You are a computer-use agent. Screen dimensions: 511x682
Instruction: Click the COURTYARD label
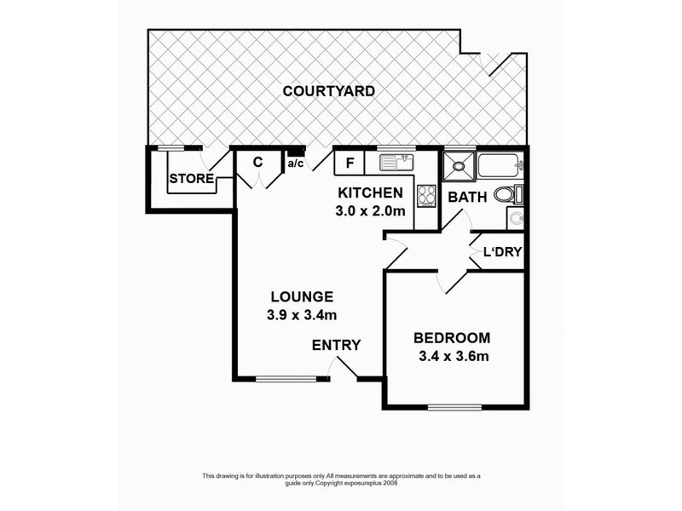tap(329, 91)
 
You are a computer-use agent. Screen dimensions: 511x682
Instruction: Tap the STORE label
tap(189, 179)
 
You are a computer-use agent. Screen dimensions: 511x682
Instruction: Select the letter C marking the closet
tap(257, 162)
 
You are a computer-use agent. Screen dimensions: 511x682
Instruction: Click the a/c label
tap(296, 163)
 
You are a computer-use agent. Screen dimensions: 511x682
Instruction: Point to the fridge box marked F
tap(350, 162)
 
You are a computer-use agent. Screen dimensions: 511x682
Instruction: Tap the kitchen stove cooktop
tap(426, 196)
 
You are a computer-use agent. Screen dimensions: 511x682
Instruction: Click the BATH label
tap(467, 197)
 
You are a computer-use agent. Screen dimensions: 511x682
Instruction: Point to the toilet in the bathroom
tap(507, 194)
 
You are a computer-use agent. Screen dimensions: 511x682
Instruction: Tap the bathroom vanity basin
tap(515, 218)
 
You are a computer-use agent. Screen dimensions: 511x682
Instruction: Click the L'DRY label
tap(502, 252)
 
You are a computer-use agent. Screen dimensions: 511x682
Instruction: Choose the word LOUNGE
tap(301, 297)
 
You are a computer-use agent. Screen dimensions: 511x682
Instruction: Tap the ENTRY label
tap(336, 345)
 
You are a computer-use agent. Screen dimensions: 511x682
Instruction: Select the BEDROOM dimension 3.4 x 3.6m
tap(453, 356)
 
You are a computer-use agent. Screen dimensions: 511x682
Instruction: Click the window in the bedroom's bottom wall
tap(453, 406)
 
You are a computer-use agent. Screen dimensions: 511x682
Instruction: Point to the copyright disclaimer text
tap(341, 479)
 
